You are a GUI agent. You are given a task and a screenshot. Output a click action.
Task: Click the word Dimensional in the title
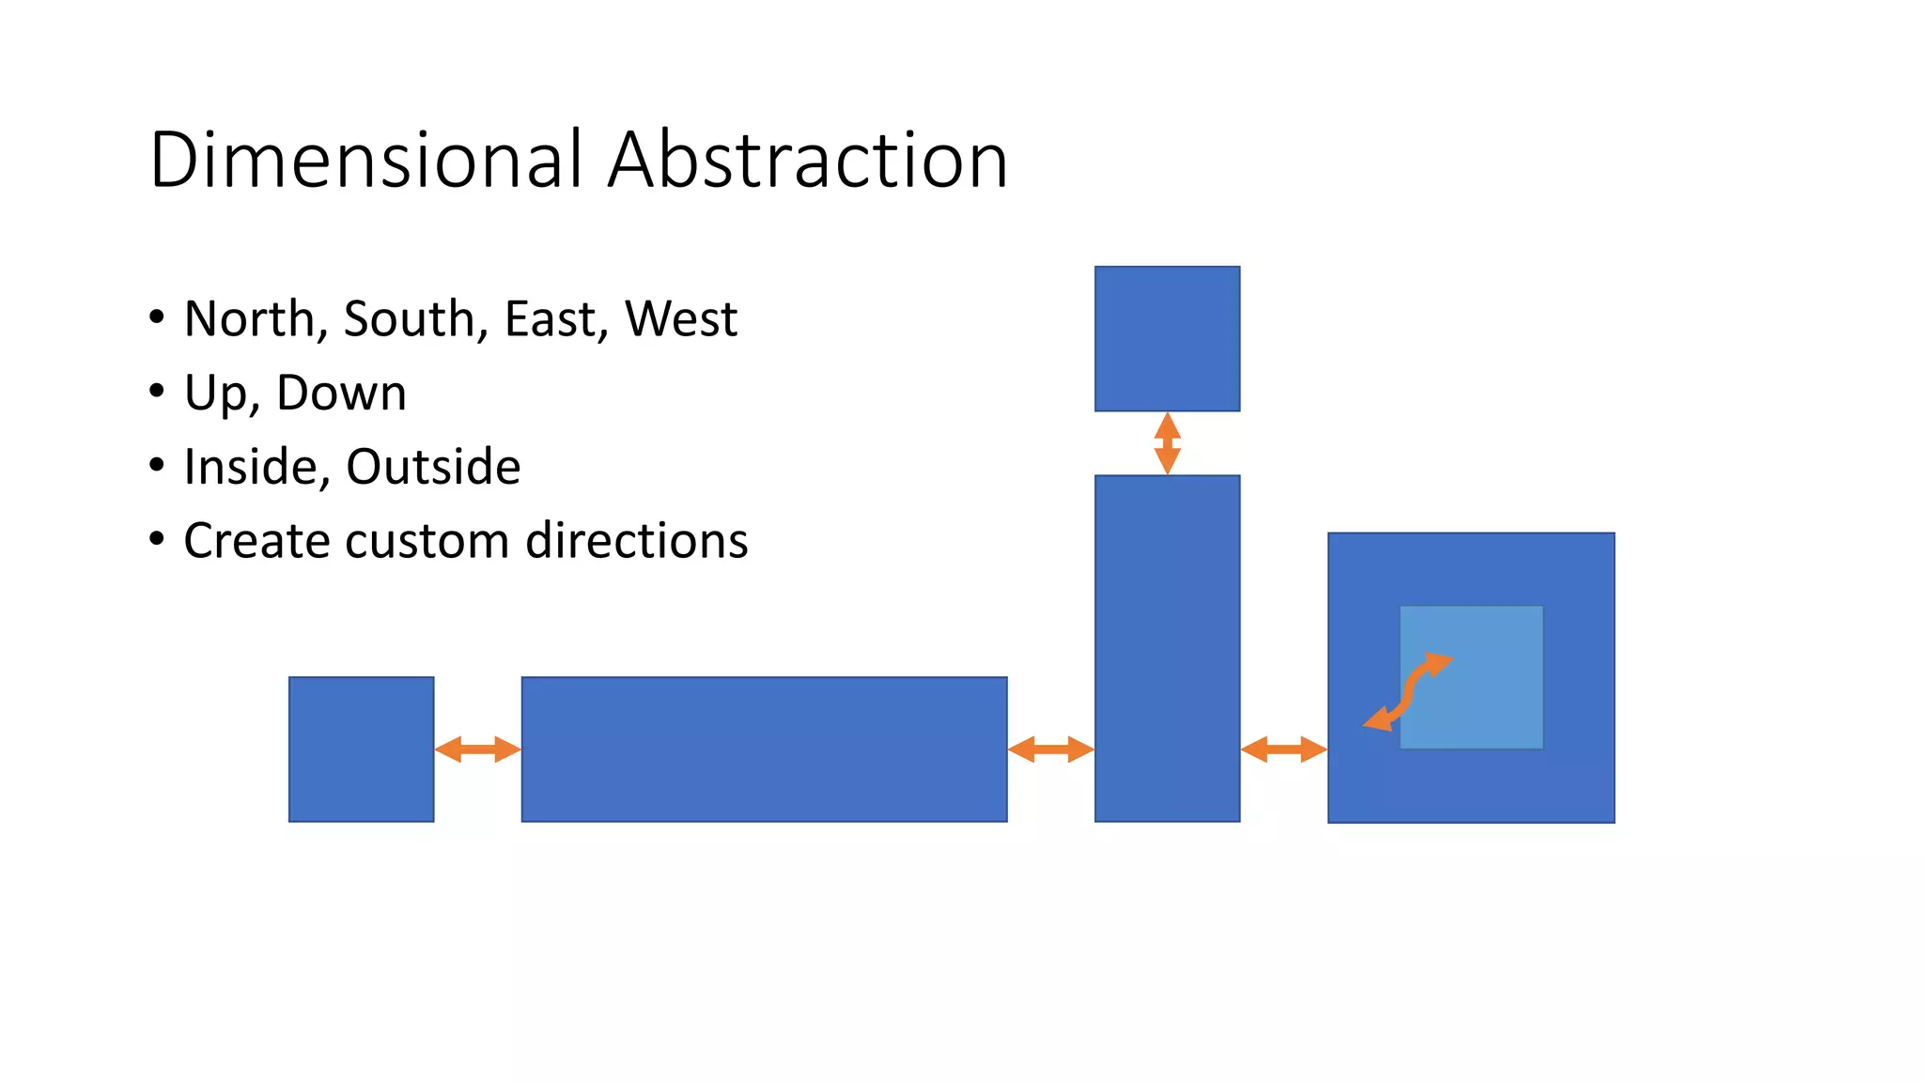[366, 160]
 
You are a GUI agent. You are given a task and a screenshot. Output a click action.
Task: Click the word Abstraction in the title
[808, 160]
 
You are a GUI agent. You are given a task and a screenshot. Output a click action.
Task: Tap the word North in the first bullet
[249, 318]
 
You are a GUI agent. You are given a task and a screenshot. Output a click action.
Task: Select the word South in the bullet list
[410, 318]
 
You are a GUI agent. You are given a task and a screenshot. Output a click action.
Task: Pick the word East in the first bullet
[551, 318]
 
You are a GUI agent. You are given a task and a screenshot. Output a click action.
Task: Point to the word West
[681, 318]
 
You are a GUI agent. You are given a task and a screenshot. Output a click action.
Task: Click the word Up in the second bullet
[214, 393]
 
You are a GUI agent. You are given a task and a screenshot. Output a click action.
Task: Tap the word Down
[341, 393]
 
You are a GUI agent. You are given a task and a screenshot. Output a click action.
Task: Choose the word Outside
[433, 467]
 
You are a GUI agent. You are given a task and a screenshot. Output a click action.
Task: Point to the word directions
[637, 541]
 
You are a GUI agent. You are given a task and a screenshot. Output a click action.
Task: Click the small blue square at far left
[361, 750]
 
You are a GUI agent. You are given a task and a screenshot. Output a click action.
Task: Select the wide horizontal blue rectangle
[764, 750]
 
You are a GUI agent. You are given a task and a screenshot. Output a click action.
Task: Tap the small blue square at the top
[1167, 338]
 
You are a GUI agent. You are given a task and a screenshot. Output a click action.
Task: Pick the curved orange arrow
[1408, 692]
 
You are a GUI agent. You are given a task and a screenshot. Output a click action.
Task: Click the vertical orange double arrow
[1167, 443]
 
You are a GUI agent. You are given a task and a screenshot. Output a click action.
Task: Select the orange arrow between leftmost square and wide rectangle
[477, 750]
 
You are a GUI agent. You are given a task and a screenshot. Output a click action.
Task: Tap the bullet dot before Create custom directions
[157, 539]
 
